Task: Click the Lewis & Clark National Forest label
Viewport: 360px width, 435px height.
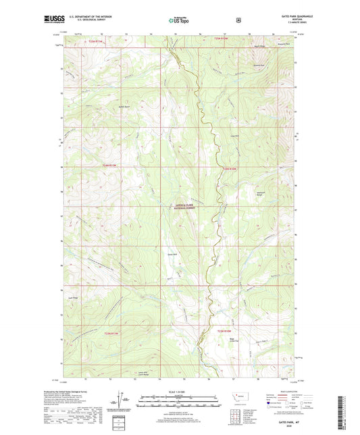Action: (x=184, y=209)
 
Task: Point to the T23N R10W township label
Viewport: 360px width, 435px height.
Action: (x=225, y=330)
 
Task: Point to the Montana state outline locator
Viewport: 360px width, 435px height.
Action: (x=238, y=394)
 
